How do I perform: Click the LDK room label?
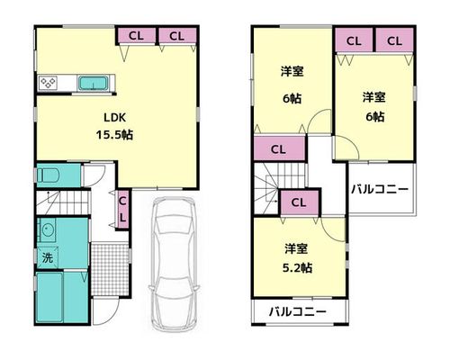[x=114, y=117]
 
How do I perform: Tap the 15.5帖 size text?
[x=114, y=135]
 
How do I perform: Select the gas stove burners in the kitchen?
[x=49, y=83]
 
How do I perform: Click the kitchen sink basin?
[x=93, y=83]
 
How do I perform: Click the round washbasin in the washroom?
[x=47, y=229]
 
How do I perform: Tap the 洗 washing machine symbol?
[x=48, y=257]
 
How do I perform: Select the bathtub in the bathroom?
[x=49, y=296]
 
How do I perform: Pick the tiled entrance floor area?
[x=110, y=269]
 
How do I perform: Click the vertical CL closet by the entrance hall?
[x=122, y=210]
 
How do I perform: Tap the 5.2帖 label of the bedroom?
[x=297, y=267]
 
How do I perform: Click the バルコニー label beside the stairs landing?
[x=380, y=189]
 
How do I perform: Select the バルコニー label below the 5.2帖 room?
[x=298, y=312]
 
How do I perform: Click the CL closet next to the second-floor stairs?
[x=299, y=202]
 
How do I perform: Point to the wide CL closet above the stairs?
[x=279, y=149]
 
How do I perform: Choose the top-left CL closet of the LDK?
[x=136, y=36]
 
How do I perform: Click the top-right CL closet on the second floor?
[x=394, y=40]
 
